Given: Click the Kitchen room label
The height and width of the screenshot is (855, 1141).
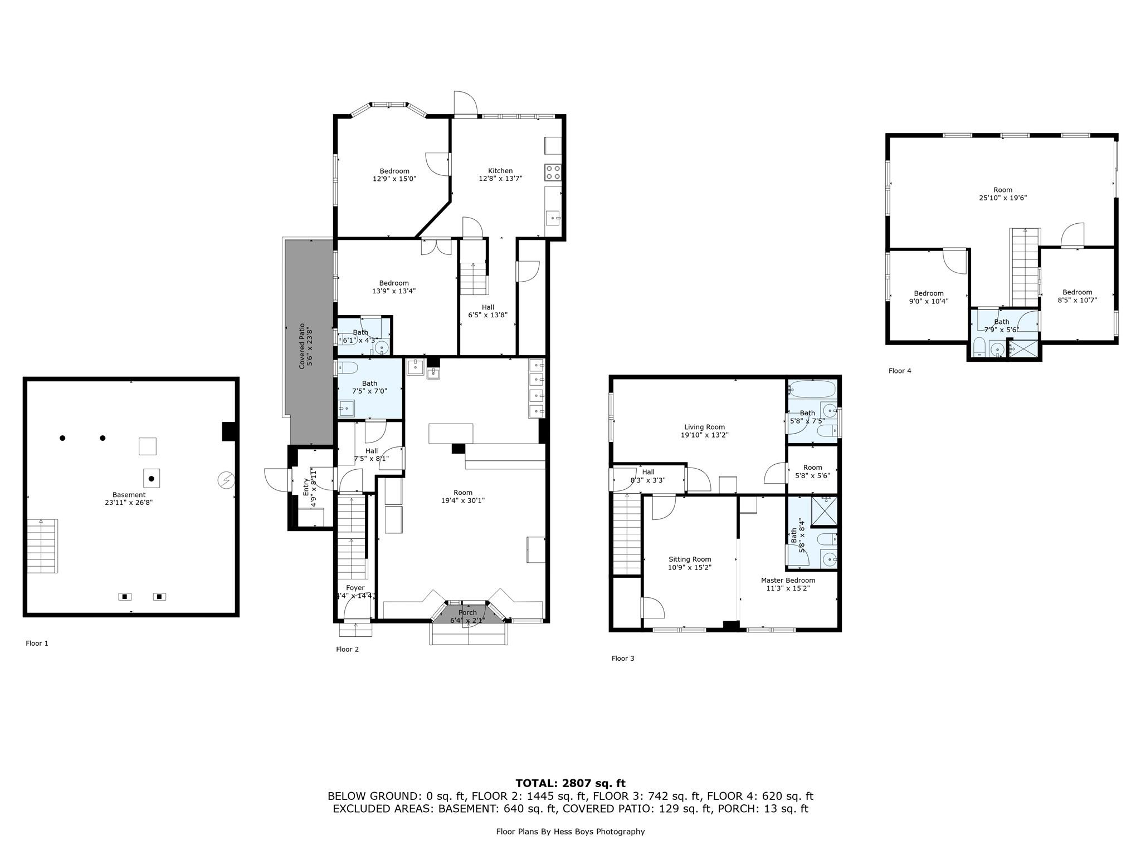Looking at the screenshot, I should pyautogui.click(x=500, y=171).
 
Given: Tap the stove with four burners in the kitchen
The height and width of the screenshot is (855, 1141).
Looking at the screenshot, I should pyautogui.click(x=553, y=172).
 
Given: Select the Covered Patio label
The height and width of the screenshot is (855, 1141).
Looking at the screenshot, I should pyautogui.click(x=301, y=346).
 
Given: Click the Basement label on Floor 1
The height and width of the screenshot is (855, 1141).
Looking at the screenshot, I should pyautogui.click(x=129, y=495).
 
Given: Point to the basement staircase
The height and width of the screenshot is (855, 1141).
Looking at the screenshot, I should pyautogui.click(x=42, y=546).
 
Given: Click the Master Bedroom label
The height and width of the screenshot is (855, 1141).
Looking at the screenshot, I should pyautogui.click(x=788, y=580).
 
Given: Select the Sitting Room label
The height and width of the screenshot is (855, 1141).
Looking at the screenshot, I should pyautogui.click(x=690, y=559).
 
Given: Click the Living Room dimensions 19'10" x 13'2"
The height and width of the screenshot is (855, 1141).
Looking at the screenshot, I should pyautogui.click(x=705, y=435).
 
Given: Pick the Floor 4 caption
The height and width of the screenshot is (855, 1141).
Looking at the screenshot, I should pyautogui.click(x=900, y=371).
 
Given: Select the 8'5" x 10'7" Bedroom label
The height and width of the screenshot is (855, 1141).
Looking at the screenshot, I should pyautogui.click(x=1077, y=292).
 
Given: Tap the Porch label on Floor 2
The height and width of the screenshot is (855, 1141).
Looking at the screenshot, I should pyautogui.click(x=467, y=612).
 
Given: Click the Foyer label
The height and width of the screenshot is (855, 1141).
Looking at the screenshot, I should pyautogui.click(x=355, y=588).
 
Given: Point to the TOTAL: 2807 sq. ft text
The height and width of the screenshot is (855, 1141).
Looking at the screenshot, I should pyautogui.click(x=570, y=783).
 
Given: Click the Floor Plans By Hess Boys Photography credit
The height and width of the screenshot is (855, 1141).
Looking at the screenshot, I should pyautogui.click(x=570, y=832).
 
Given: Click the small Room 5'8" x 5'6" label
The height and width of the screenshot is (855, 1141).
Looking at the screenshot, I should pyautogui.click(x=812, y=468).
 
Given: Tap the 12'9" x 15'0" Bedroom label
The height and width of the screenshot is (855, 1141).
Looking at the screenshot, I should pyautogui.click(x=394, y=171).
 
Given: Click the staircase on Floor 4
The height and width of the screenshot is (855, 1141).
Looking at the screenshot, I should pyautogui.click(x=1025, y=267).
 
